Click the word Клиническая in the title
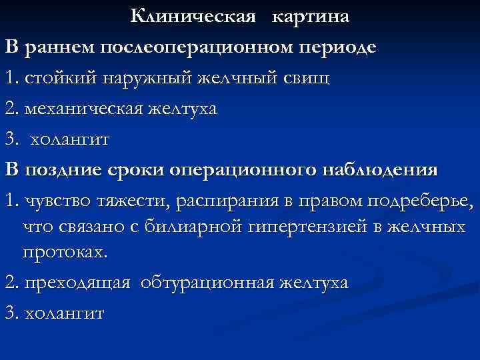pos(193,16)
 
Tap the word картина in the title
pos(310,16)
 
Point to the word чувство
pos(54,201)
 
